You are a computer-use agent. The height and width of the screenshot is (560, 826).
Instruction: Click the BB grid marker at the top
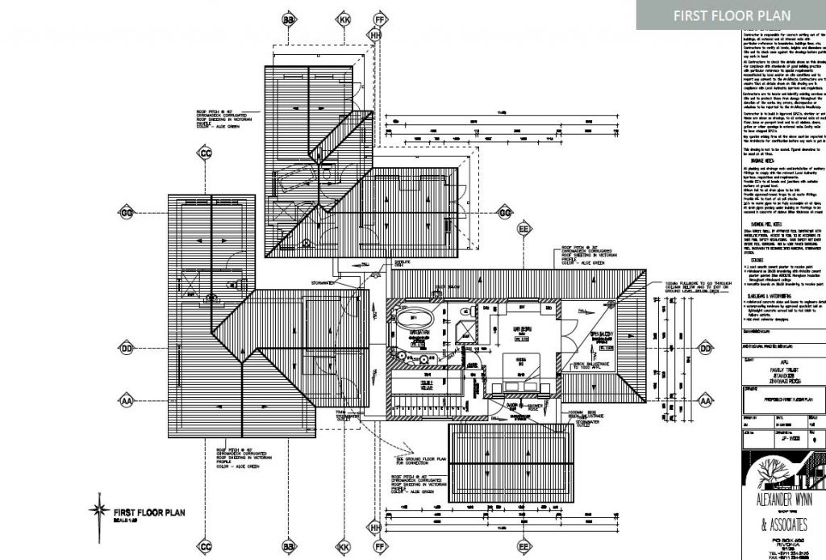(288, 19)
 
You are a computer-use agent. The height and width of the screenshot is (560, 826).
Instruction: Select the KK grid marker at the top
(344, 19)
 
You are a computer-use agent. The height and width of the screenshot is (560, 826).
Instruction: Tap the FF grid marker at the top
(381, 19)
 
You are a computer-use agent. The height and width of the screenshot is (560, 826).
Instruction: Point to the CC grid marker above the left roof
(206, 153)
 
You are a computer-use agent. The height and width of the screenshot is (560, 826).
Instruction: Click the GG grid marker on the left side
(126, 212)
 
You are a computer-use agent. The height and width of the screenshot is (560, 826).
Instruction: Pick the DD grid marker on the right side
(706, 349)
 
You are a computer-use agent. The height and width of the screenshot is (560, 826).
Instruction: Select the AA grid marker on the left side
(126, 400)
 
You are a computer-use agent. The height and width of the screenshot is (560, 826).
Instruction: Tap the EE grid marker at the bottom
(524, 547)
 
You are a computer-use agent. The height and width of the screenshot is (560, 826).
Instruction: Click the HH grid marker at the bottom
(375, 527)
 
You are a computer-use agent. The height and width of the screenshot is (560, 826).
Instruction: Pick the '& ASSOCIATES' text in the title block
(779, 525)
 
